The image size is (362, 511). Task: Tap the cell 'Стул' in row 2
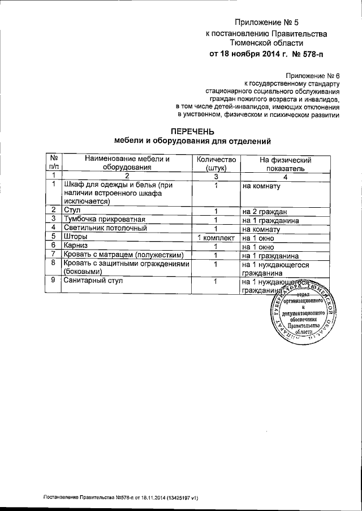74,211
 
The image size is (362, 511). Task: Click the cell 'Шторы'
76,237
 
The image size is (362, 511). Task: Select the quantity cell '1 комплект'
216,237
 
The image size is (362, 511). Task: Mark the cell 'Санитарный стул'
94,281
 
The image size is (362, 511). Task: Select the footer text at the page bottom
120,497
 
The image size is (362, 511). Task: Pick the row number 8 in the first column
53,264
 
